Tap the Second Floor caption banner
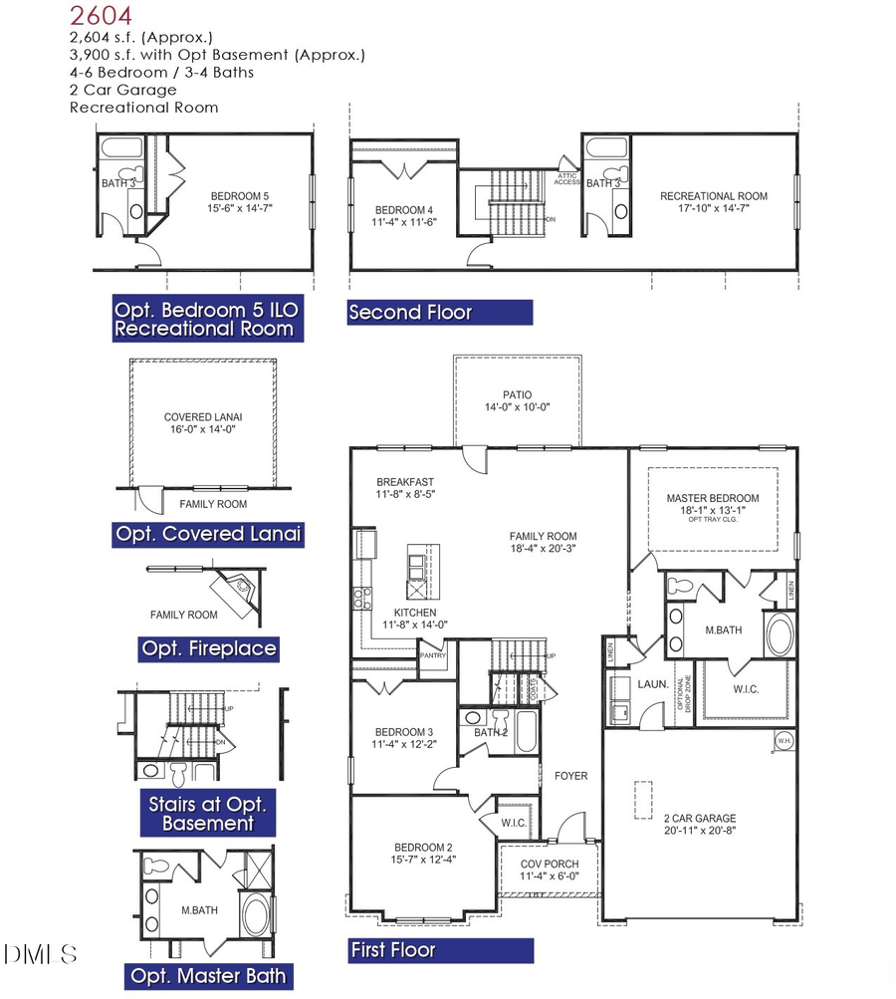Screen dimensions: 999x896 [x=439, y=312]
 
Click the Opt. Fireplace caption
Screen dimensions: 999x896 [x=209, y=649]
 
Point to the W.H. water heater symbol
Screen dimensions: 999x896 [x=784, y=741]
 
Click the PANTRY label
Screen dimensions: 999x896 [x=435, y=655]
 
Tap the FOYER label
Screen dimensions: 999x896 [x=570, y=775]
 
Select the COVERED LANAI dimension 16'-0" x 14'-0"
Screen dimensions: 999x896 [x=202, y=429]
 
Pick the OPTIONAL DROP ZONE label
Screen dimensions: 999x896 [x=687, y=694]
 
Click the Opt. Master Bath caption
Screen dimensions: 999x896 [x=209, y=975]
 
